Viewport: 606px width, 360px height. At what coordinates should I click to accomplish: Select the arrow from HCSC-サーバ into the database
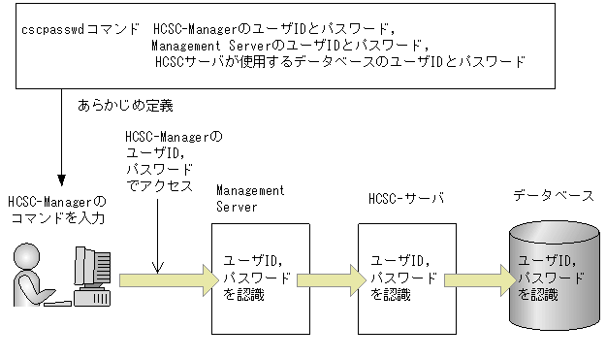pos(475,280)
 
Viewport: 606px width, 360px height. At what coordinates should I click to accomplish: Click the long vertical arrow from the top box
pos(61,136)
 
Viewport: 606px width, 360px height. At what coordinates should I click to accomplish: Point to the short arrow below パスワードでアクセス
pos(155,237)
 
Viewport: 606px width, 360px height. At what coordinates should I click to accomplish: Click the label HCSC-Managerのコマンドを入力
pos(56,210)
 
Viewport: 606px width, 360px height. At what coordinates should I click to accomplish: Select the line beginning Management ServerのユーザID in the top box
pos(289,46)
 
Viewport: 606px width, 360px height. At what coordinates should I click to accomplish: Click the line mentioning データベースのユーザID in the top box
pos(339,61)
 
